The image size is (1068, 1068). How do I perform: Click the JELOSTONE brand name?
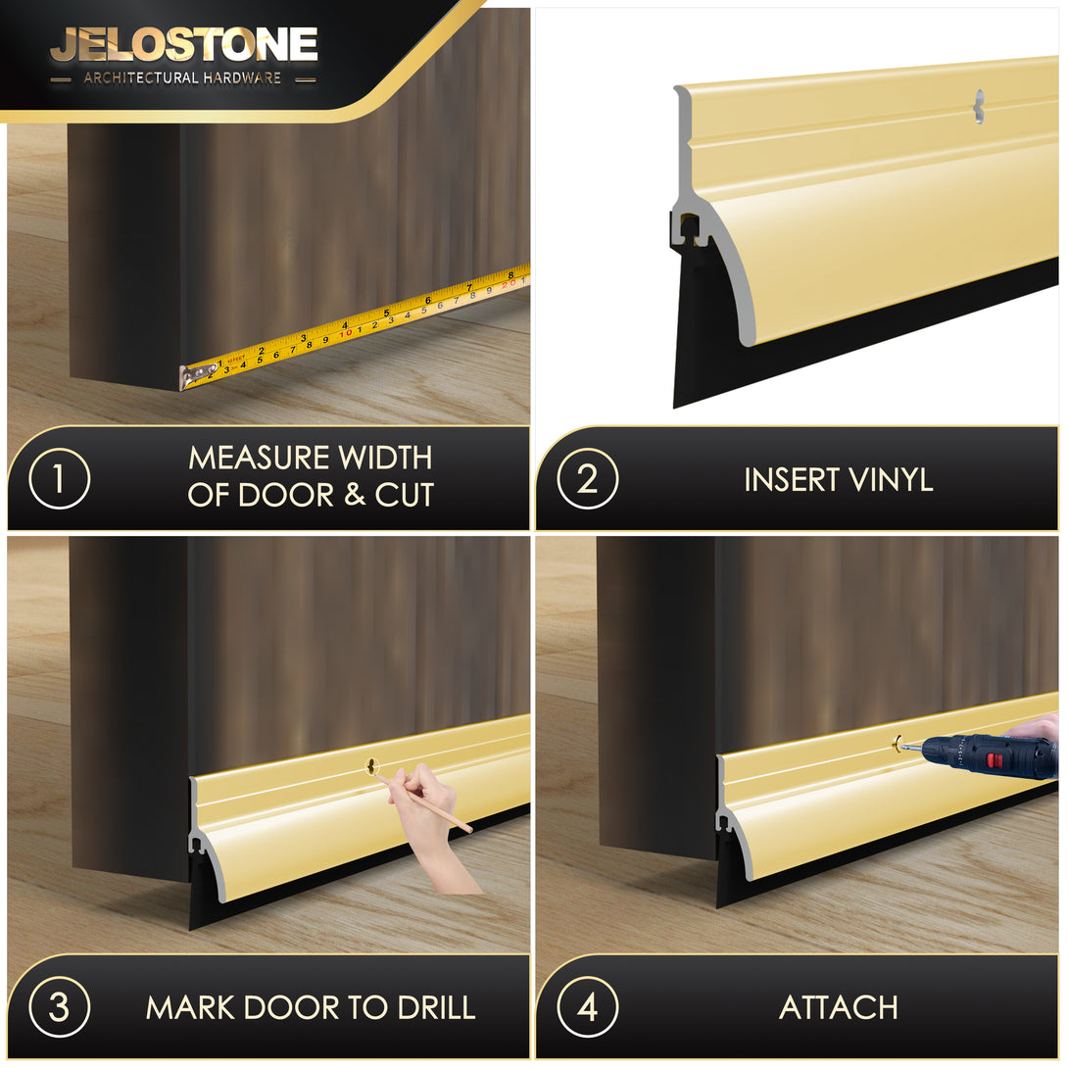[x=184, y=45]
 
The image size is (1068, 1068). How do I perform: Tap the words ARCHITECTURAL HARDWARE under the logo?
[x=182, y=78]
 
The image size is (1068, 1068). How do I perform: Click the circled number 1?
[x=59, y=478]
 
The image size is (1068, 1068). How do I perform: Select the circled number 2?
[x=587, y=478]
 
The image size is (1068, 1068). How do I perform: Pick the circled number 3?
[x=59, y=1006]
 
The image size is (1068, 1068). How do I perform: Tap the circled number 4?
[x=587, y=1006]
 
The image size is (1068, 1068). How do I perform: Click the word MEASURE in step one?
[x=260, y=458]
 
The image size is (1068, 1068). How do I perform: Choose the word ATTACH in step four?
[x=839, y=1007]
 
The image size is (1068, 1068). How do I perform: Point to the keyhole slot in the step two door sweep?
[x=980, y=107]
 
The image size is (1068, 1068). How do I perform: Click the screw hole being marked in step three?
[x=372, y=767]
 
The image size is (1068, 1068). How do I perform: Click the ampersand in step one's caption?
[x=354, y=495]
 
